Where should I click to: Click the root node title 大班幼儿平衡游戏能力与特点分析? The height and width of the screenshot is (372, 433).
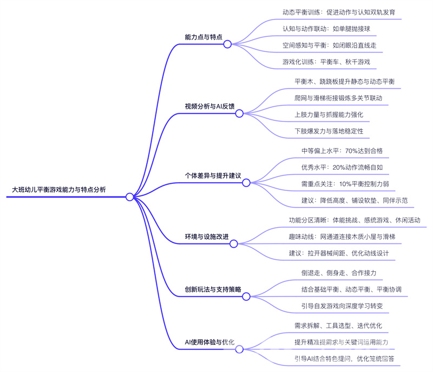click(x=59, y=190)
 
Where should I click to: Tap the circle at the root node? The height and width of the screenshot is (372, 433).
click(x=129, y=197)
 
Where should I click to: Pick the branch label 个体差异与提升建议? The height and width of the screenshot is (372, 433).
click(x=213, y=176)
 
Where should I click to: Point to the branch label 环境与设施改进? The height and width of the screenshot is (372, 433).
click(x=207, y=237)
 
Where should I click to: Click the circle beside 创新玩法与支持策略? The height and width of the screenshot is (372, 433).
click(x=246, y=297)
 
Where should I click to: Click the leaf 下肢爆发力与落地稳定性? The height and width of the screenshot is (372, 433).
click(x=332, y=131)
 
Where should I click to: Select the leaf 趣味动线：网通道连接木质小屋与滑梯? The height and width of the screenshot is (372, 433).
click(x=345, y=237)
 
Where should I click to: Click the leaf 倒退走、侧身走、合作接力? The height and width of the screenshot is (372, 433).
click(x=338, y=273)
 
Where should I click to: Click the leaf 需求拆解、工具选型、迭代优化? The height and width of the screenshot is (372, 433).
click(x=338, y=325)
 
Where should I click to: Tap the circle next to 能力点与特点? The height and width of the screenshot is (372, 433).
click(x=227, y=44)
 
